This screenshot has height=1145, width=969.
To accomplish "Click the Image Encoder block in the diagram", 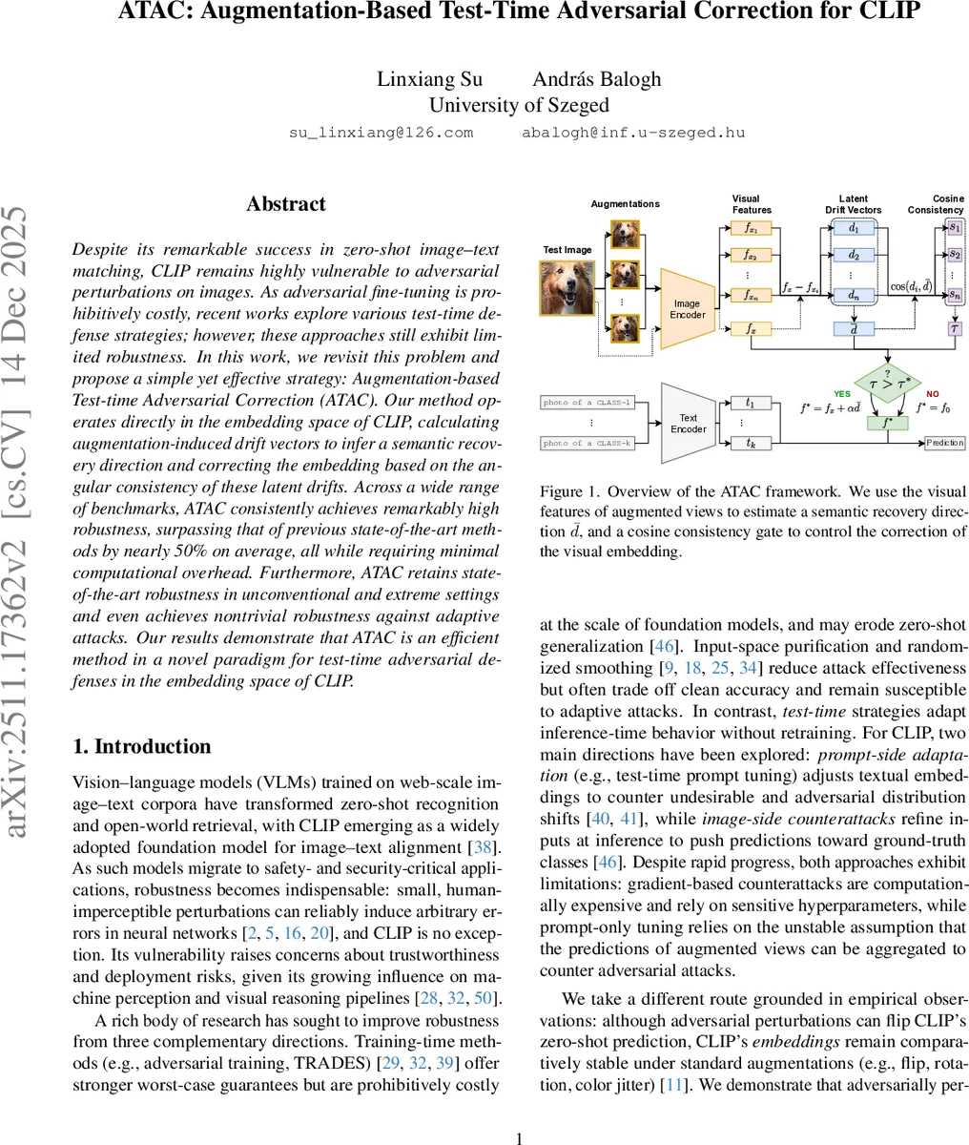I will (687, 309).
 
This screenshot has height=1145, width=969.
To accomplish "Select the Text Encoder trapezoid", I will (688, 423).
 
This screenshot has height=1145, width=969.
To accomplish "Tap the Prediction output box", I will (944, 443).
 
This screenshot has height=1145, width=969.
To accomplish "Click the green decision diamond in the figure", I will (886, 384).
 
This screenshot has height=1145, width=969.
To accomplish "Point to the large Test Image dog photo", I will (567, 288).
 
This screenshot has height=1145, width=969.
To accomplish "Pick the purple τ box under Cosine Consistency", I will (955, 328).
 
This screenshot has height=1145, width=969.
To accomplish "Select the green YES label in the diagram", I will (842, 393).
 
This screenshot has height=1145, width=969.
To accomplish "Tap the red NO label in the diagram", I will (932, 393).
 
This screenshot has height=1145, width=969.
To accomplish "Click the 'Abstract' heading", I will (285, 204).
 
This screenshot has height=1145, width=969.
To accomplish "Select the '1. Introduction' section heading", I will (142, 746).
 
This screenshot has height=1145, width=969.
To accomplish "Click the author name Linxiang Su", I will (429, 79).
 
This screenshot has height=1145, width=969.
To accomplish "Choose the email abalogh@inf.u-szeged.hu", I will (632, 133).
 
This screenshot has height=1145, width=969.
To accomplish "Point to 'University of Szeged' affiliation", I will (519, 105).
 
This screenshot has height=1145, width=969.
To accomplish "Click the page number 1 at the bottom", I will (519, 1137).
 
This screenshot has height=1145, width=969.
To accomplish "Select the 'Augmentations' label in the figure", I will (625, 203).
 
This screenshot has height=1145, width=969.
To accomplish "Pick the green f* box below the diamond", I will (886, 422).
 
